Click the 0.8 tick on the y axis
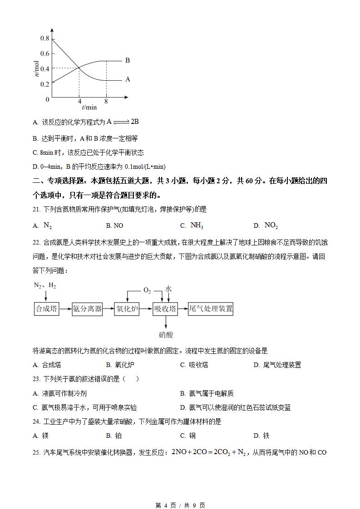click(x=44, y=38)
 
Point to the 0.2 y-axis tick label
click(x=44, y=84)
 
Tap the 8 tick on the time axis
click(x=106, y=102)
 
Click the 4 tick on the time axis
click(x=79, y=102)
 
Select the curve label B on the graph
click(x=128, y=60)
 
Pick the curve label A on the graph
click(x=128, y=79)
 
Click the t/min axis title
click(x=89, y=108)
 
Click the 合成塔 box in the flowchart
click(x=46, y=309)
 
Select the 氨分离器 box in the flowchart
click(x=87, y=309)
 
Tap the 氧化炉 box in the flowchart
click(x=127, y=309)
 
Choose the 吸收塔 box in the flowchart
click(x=165, y=309)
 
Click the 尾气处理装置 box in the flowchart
click(x=211, y=309)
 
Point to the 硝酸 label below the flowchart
click(x=166, y=335)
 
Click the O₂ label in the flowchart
click(x=147, y=291)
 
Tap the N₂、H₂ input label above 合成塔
click(x=45, y=285)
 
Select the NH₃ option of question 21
click(x=197, y=225)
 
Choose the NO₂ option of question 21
click(x=271, y=225)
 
